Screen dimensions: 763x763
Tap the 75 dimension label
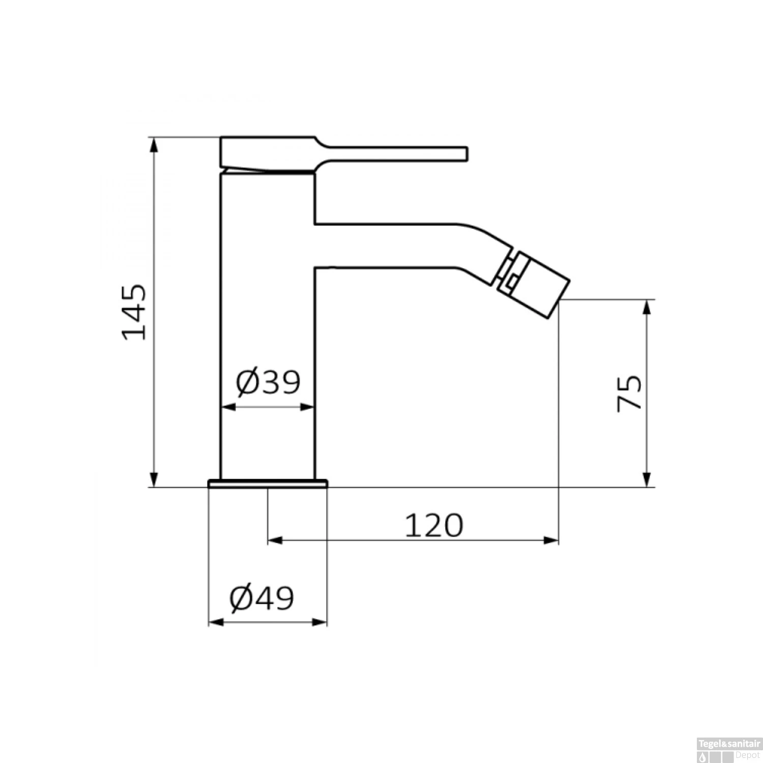[x=630, y=393]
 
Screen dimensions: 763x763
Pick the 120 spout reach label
[x=434, y=525]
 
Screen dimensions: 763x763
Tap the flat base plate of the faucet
[x=268, y=483]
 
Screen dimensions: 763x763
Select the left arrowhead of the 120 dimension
[x=275, y=540]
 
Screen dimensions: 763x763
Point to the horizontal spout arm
[x=387, y=245]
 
